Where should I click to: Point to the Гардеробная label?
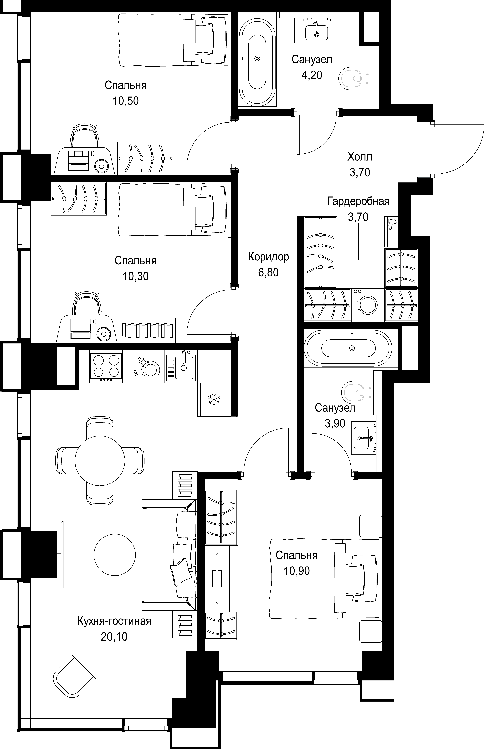click(358, 201)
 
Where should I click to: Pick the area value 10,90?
click(297, 571)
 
